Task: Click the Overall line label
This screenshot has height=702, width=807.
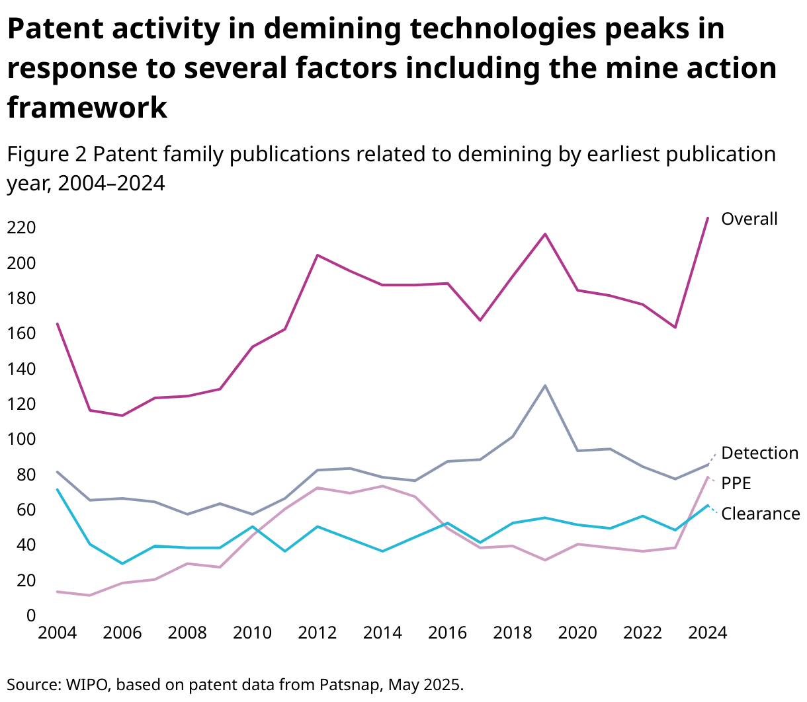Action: (749, 219)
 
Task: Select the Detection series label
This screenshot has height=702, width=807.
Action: (759, 453)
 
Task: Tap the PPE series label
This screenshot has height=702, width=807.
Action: (736, 483)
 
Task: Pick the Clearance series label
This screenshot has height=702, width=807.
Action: (760, 514)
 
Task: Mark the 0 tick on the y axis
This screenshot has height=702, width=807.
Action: (30, 615)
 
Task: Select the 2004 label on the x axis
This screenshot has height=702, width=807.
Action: (58, 633)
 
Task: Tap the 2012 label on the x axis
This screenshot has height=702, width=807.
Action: (318, 633)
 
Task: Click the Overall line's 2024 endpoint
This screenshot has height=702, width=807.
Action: (708, 217)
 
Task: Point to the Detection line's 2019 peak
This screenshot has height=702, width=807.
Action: (544, 385)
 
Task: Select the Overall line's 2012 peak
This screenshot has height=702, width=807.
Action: (318, 255)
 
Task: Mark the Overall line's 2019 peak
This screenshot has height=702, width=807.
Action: (544, 234)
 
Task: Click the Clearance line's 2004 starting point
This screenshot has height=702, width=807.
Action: (58, 489)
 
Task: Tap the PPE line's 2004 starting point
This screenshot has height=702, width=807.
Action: (58, 592)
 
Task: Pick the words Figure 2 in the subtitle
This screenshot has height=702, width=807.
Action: (47, 154)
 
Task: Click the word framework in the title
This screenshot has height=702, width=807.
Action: (87, 107)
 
